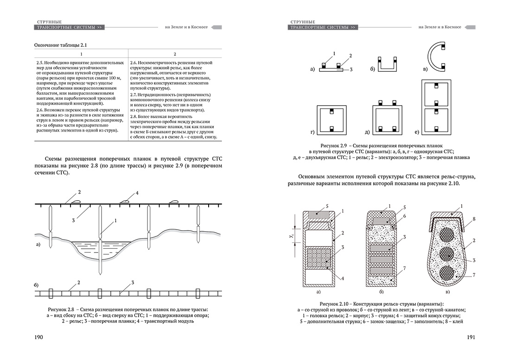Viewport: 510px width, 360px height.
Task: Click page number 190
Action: pos(38,337)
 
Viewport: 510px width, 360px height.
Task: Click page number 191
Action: pos(471,337)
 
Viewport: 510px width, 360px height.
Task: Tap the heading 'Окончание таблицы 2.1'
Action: pos(60,45)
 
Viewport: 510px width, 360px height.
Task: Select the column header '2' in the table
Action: pos(175,54)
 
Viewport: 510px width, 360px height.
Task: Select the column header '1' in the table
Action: pos(81,54)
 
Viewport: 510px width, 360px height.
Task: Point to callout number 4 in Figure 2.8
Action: pos(137,193)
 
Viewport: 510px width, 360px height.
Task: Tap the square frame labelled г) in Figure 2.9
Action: pos(318,120)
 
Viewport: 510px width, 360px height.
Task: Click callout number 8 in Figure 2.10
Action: pos(474,219)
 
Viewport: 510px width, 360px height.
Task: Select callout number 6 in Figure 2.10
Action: pos(404,216)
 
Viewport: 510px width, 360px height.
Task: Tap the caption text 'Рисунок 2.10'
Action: pos(333,304)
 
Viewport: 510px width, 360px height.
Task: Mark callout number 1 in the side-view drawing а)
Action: pos(115,221)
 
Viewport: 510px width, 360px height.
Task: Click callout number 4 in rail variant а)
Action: pos(343,278)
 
